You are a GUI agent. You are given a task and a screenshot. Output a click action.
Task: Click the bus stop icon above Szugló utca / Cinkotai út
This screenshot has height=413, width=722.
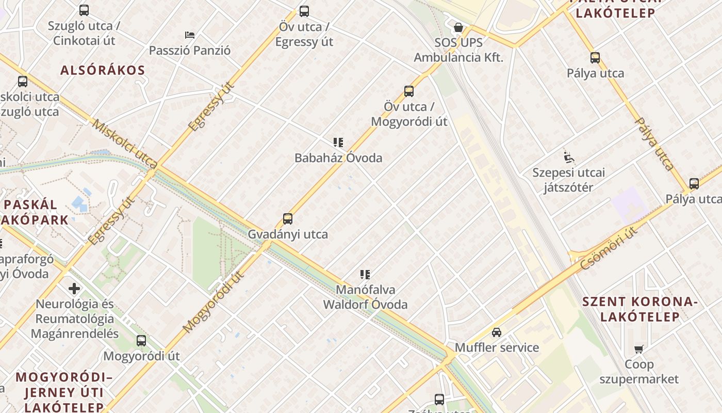pyautogui.click(x=84, y=10)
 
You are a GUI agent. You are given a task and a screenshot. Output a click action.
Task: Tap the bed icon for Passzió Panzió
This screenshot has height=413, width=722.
pyautogui.click(x=190, y=35)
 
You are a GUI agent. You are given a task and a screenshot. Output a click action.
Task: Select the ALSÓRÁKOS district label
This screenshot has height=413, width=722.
pyautogui.click(x=103, y=70)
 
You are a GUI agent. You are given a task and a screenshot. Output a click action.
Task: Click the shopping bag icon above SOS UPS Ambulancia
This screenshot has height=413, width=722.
pyautogui.click(x=458, y=27)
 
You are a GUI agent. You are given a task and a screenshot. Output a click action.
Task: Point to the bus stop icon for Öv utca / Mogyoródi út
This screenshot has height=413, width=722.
pyautogui.click(x=409, y=91)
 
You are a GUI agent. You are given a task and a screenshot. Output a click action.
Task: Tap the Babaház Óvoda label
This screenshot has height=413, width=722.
pyautogui.click(x=338, y=157)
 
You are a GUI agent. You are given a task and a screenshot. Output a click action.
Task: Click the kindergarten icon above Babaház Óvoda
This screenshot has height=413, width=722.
pyautogui.click(x=338, y=142)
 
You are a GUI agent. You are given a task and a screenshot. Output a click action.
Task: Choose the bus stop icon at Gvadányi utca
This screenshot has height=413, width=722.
pyautogui.click(x=288, y=218)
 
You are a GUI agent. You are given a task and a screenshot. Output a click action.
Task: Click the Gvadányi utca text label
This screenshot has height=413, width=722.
pyautogui.click(x=288, y=234)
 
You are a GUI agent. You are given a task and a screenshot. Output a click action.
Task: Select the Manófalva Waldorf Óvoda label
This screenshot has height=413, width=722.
pyautogui.click(x=365, y=297)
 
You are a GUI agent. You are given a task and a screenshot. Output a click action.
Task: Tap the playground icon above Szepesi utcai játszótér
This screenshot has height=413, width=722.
pyautogui.click(x=569, y=156)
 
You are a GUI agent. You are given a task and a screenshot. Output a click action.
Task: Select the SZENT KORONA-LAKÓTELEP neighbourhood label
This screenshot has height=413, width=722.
pyautogui.click(x=639, y=309)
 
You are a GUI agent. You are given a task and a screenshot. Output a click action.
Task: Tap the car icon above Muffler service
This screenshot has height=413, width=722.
pyautogui.click(x=497, y=332)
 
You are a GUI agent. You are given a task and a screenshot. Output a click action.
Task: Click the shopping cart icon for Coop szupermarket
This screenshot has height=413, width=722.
pyautogui.click(x=639, y=349)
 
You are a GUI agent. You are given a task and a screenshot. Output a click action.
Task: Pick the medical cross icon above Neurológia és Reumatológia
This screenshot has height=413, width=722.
pyautogui.click(x=74, y=288)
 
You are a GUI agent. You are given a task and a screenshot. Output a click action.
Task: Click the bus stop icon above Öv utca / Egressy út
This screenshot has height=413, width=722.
pyautogui.click(x=304, y=11)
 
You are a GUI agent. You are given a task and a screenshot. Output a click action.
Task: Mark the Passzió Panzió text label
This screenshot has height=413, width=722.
pyautogui.click(x=190, y=51)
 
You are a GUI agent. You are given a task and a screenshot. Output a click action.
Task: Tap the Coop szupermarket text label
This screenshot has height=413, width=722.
pyautogui.click(x=639, y=372)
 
